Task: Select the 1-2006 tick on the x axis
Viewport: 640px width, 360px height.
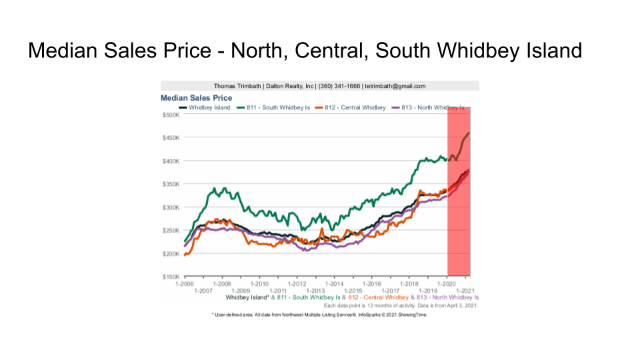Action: pyautogui.click(x=184, y=283)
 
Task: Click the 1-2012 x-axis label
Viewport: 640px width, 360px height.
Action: pyautogui.click(x=297, y=283)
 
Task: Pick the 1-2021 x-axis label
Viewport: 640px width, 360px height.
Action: pyautogui.click(x=465, y=290)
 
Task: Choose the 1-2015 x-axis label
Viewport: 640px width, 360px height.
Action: pyautogui.click(x=353, y=290)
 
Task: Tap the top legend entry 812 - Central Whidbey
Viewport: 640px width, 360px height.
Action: pyautogui.click(x=354, y=107)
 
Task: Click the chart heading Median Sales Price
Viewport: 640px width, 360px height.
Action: pyautogui.click(x=196, y=98)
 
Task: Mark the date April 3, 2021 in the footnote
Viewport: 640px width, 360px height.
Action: pyautogui.click(x=461, y=305)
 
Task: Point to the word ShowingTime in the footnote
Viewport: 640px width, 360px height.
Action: pyautogui.click(x=411, y=315)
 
